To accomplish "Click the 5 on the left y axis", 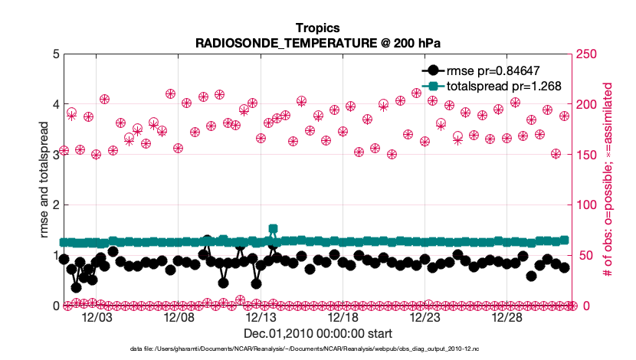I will [55, 54].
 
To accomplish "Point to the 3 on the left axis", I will [55, 155].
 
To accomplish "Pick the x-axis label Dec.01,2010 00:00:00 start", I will [317, 334].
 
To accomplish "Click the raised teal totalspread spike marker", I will [274, 229].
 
